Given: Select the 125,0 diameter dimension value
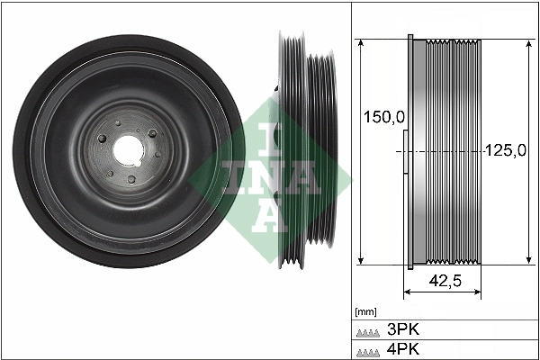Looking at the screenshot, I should tap(505, 150).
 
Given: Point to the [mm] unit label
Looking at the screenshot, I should tap(365, 312).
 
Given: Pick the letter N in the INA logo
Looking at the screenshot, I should tap(256, 176).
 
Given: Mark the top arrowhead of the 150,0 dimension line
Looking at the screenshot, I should tap(360, 43).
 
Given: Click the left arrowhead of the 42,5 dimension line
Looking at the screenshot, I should tap(406, 293).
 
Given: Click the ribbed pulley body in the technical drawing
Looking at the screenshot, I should tap(450, 152).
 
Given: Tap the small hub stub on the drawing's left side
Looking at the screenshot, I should tap(404, 152).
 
